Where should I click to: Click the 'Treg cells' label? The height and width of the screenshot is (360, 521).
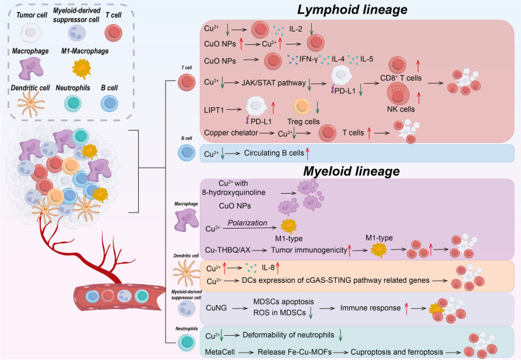coord(304,123)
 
